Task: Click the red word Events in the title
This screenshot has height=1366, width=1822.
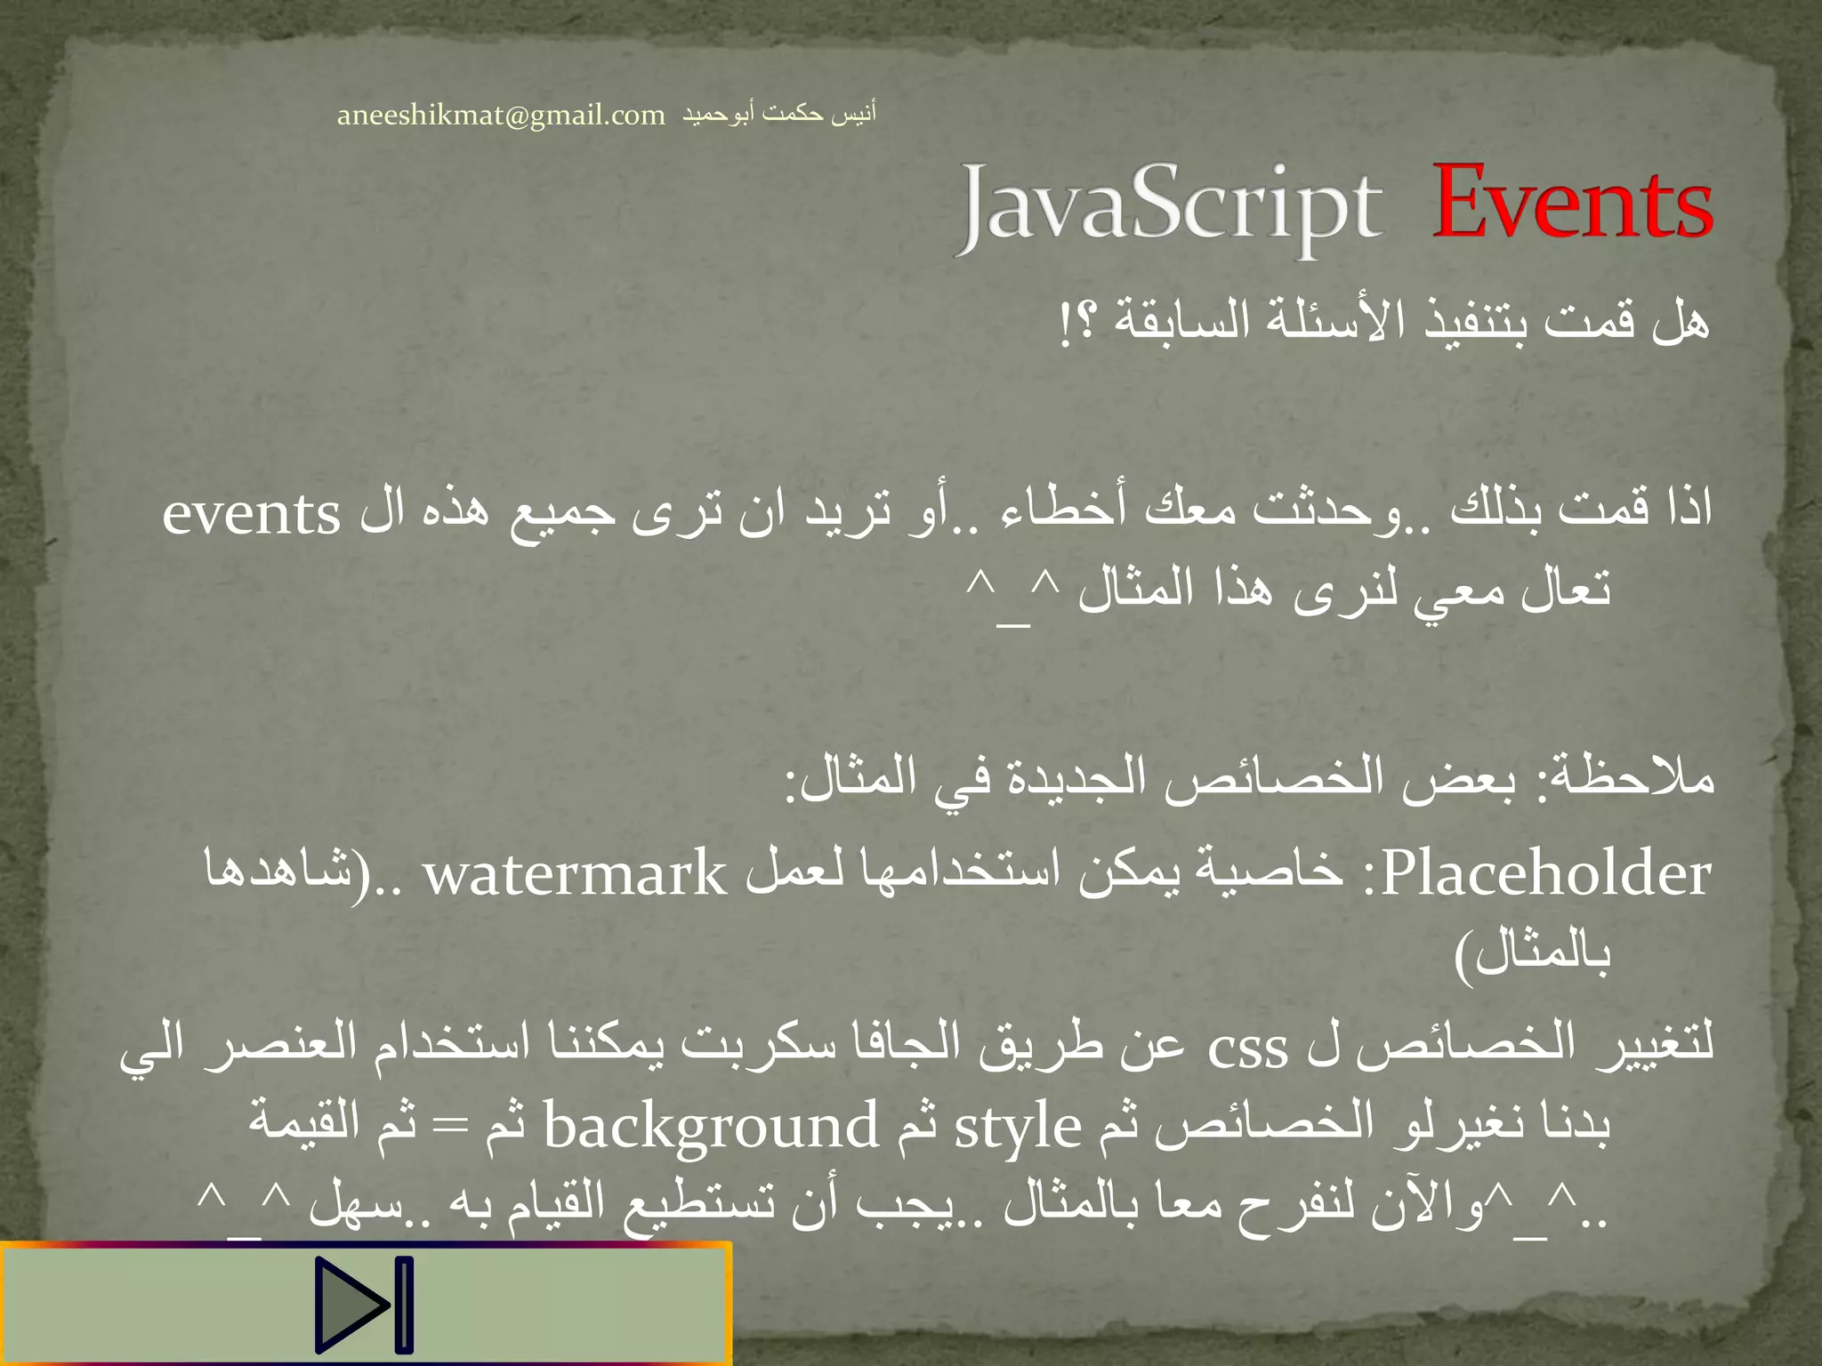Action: [x=1572, y=205]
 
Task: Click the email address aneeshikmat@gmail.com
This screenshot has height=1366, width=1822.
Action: [x=501, y=116]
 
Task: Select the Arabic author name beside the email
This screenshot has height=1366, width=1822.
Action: [x=779, y=114]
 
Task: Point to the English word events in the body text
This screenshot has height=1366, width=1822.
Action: [x=252, y=514]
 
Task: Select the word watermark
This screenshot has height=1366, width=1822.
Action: [x=575, y=874]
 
